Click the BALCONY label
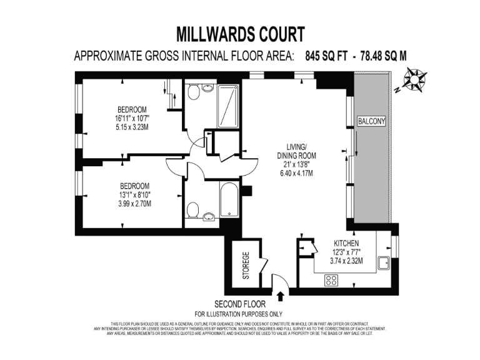[x=371, y=121]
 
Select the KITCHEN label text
[x=346, y=244]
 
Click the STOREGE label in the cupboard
[x=246, y=265]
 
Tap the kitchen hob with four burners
[x=331, y=281]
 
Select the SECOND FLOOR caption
[x=239, y=303]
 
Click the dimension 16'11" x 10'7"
[x=132, y=118]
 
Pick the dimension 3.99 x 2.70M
[x=135, y=204]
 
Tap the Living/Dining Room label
[x=297, y=151]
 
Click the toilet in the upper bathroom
[x=194, y=94]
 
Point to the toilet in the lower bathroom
[x=194, y=208]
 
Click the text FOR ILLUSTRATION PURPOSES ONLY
[x=239, y=313]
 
